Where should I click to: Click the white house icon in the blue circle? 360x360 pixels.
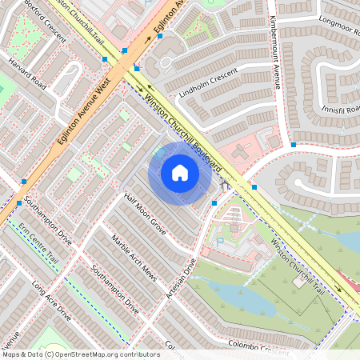coord(180,172)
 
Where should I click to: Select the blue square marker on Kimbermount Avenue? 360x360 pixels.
coord(294,145)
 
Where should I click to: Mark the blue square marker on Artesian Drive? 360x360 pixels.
coord(214,203)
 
